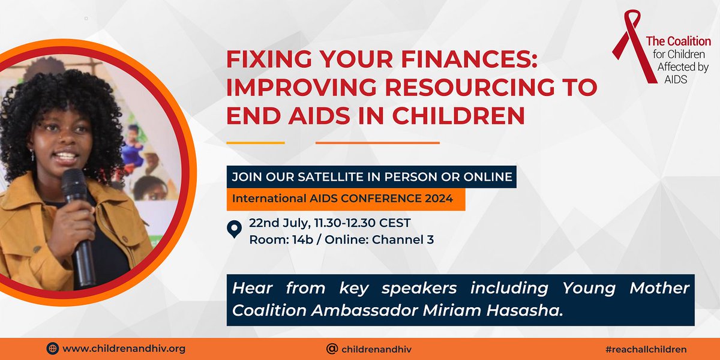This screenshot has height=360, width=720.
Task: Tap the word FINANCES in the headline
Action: coord(469,59)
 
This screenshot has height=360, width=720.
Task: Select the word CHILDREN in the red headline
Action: coord(458,116)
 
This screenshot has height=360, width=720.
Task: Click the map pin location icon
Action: coord(235,229)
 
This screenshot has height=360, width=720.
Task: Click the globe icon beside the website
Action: coord(52,349)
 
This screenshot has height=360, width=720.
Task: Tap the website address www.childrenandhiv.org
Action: coord(124,349)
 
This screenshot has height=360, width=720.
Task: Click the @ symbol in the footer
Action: coord(332,349)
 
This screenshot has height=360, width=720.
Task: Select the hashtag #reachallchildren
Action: coord(646,349)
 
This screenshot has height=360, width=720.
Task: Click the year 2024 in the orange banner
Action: coord(439,199)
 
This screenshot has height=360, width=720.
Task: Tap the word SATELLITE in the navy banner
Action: coord(337,177)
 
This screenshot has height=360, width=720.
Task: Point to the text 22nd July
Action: coord(280,223)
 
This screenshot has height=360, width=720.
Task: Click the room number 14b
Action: coord(303,240)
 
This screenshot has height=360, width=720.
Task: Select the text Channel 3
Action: coord(403,240)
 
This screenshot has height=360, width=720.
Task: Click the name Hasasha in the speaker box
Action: coord(524,311)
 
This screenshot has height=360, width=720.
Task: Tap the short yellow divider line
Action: coord(256,143)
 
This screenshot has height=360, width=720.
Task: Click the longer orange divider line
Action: coord(377,143)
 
